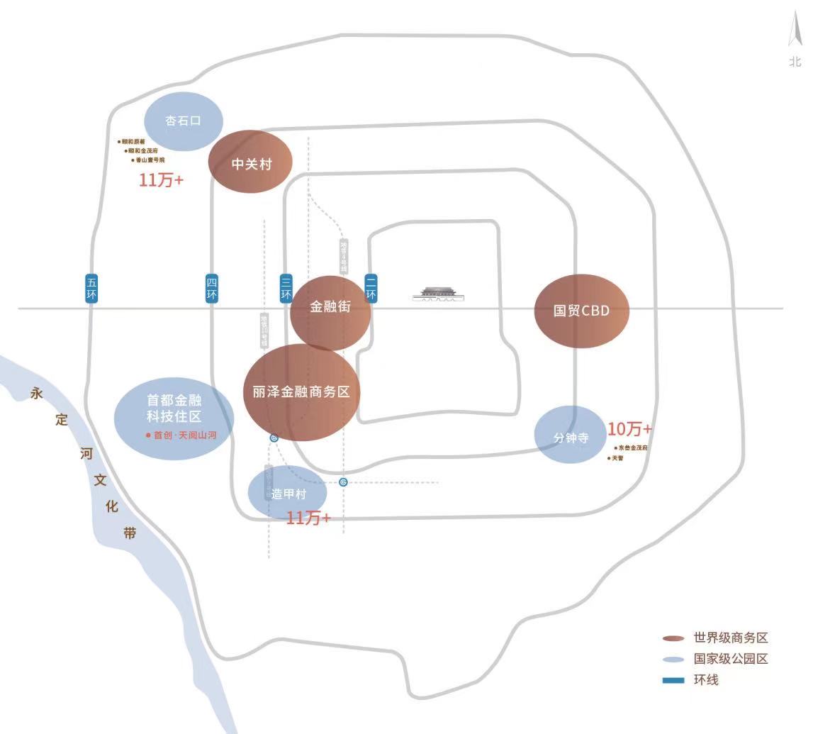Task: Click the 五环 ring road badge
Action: [91, 289]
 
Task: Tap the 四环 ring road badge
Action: [212, 289]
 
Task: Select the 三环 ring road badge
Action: [286, 289]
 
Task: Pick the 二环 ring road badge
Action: [371, 289]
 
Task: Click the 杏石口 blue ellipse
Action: [183, 121]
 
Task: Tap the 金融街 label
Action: [330, 308]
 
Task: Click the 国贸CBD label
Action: [581, 311]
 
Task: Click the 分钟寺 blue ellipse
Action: [571, 436]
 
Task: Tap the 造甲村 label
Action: [288, 491]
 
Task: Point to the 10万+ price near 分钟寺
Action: [629, 429]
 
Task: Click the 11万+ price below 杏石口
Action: [161, 180]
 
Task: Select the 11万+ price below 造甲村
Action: [308, 518]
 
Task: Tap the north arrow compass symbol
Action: [795, 32]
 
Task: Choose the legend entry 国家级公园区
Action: [730, 659]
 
